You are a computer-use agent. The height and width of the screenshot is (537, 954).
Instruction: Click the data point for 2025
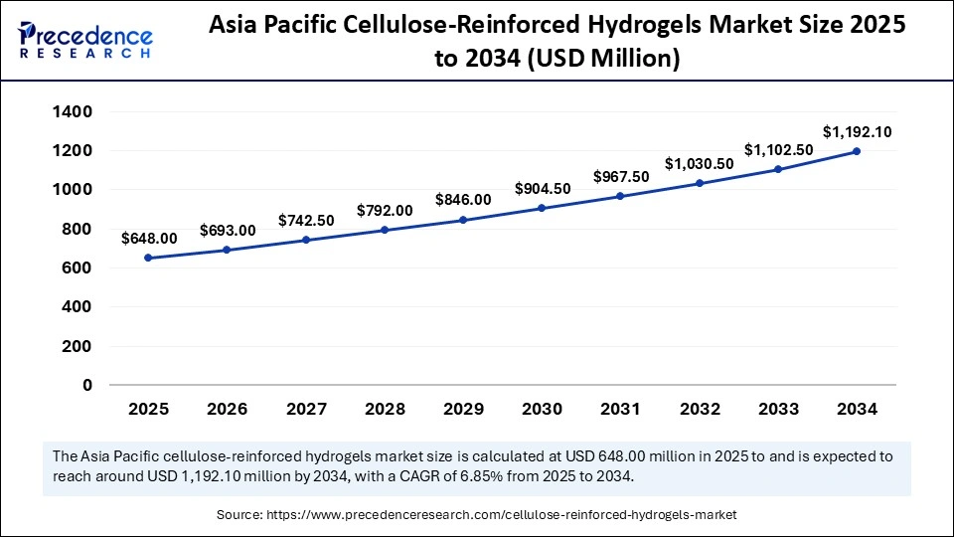coord(148,258)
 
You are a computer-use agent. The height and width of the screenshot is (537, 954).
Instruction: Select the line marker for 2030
coord(542,208)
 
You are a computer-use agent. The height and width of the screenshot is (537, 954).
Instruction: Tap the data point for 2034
coord(857,151)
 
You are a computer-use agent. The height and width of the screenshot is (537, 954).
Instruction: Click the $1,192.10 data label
coord(857,131)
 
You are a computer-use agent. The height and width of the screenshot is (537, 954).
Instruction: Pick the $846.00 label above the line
coord(463,200)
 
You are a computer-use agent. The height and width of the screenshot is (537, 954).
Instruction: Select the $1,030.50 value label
coord(699,163)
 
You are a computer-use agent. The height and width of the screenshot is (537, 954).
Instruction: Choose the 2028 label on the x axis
coord(385,409)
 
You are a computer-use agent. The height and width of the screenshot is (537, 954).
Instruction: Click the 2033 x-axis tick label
coord(777,409)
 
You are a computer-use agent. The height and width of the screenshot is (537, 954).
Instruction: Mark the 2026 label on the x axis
coord(227,409)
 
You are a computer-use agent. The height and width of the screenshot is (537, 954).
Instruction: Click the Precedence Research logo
coord(85,37)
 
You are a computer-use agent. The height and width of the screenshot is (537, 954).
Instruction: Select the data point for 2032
coord(699,183)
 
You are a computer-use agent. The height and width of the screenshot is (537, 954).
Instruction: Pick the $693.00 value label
coord(227,231)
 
